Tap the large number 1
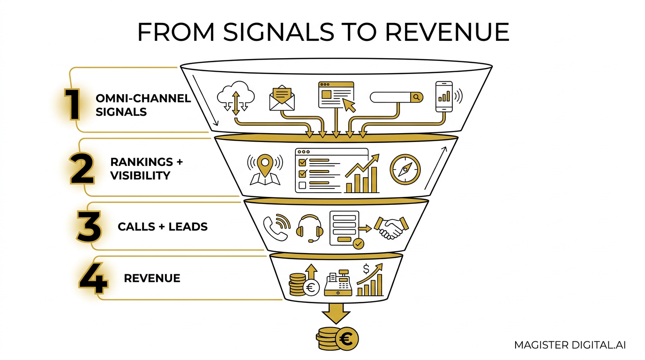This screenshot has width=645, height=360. click(72, 104)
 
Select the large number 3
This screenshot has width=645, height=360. click(89, 226)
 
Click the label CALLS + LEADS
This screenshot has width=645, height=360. click(162, 227)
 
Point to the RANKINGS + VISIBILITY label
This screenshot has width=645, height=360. click(146, 168)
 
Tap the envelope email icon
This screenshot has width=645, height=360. click(282, 98)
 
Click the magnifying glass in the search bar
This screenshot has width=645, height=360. click(416, 97)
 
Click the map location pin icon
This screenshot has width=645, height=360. click(265, 170)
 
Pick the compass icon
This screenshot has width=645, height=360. click(405, 169)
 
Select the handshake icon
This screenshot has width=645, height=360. click(391, 228)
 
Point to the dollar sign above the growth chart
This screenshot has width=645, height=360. click(366, 269)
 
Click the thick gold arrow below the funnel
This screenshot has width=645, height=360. click(336, 313)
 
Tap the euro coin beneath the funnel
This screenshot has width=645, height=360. click(347, 339)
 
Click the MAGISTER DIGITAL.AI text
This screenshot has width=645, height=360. click(570, 345)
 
